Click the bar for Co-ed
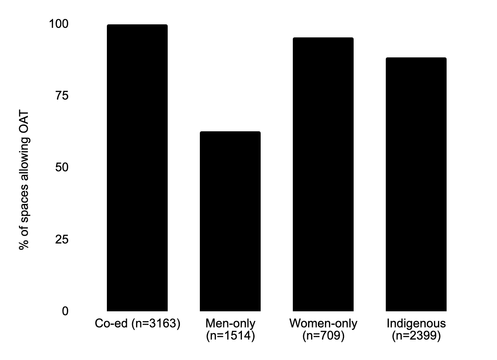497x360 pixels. (x=137, y=168)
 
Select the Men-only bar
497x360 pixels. (x=230, y=221)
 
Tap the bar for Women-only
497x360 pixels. (x=323, y=174)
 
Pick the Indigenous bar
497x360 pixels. (x=416, y=184)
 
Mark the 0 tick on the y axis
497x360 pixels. (x=66, y=311)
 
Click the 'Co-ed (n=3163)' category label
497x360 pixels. (x=137, y=324)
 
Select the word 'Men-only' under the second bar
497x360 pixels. (x=230, y=324)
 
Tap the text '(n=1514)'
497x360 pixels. (x=230, y=336)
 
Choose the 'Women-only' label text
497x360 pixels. (x=323, y=324)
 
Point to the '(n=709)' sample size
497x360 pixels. (x=323, y=336)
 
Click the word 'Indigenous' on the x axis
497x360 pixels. (x=416, y=324)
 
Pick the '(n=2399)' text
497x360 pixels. (x=416, y=336)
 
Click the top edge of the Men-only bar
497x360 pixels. (x=230, y=132)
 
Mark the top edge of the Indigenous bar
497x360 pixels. (x=416, y=58)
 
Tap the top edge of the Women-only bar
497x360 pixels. (x=323, y=38)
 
